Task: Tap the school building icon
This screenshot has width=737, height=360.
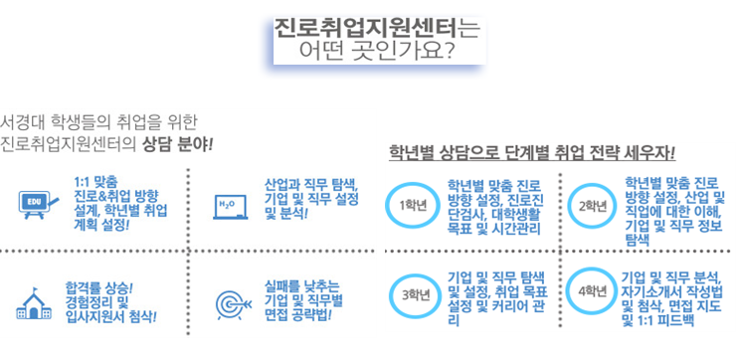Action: tap(34, 304)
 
